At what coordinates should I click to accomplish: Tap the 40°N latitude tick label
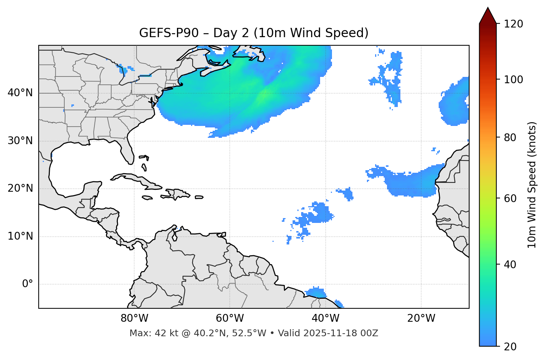click(20, 93)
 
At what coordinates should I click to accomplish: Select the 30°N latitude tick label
click(20, 141)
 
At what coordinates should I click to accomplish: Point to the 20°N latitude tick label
click(20, 188)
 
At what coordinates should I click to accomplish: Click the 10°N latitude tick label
click(20, 236)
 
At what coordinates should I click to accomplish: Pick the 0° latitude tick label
click(28, 284)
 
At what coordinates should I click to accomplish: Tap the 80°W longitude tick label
click(134, 318)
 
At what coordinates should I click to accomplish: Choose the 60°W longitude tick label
click(230, 318)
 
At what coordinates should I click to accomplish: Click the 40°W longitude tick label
click(325, 318)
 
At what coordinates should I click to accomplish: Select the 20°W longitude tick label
click(421, 318)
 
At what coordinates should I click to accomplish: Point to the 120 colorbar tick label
click(513, 24)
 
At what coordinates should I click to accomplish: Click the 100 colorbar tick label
click(513, 80)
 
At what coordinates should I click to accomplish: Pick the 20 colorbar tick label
click(510, 347)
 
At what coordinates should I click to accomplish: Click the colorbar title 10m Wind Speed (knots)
click(532, 185)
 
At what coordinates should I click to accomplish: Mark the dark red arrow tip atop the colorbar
click(488, 14)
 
